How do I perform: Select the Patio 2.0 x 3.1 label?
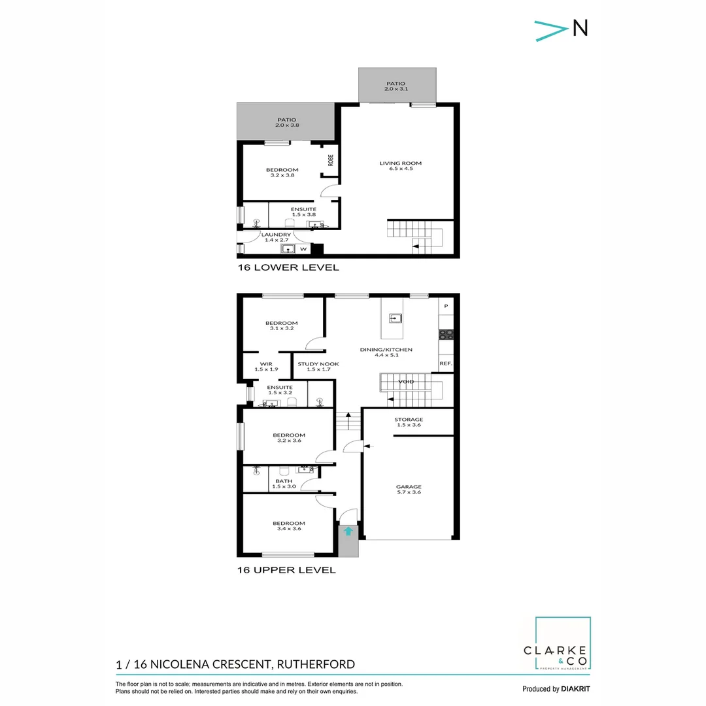[396, 86]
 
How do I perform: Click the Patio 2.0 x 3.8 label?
[286, 122]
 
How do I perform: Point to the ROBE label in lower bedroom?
[331, 160]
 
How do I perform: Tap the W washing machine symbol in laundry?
[303, 249]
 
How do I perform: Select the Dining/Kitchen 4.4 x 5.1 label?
[386, 353]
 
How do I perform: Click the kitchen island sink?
[395, 319]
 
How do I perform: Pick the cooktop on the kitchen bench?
[446, 335]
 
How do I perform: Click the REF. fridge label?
[446, 363]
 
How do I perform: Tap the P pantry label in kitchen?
[446, 307]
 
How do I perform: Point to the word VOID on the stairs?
[406, 382]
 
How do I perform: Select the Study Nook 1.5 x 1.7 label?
[314, 367]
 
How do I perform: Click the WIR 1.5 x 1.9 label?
[266, 367]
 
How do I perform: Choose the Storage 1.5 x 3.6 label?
[409, 422]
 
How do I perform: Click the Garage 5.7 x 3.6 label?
[409, 489]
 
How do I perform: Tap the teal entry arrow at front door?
[348, 531]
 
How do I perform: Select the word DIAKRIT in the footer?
[576, 689]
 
